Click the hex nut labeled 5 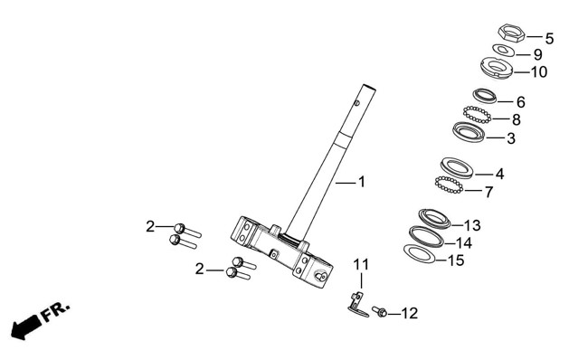point(511,33)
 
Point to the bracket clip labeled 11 point(357,305)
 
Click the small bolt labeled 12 point(380,311)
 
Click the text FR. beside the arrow point(55,310)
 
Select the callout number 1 point(362,182)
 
